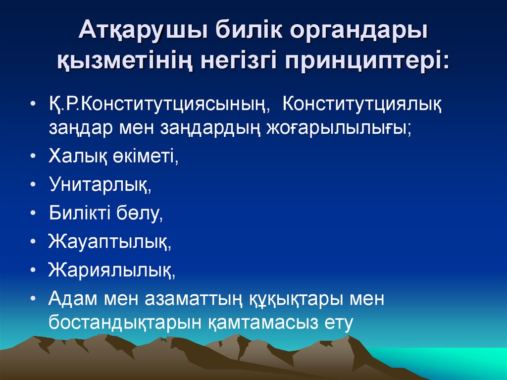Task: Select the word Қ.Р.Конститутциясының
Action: pyautogui.click(x=159, y=106)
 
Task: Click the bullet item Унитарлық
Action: pyautogui.click(x=100, y=184)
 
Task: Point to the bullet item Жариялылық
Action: pyautogui.click(x=112, y=270)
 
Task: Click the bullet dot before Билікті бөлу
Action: pyautogui.click(x=33, y=213)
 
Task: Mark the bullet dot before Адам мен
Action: pyautogui.click(x=33, y=299)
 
